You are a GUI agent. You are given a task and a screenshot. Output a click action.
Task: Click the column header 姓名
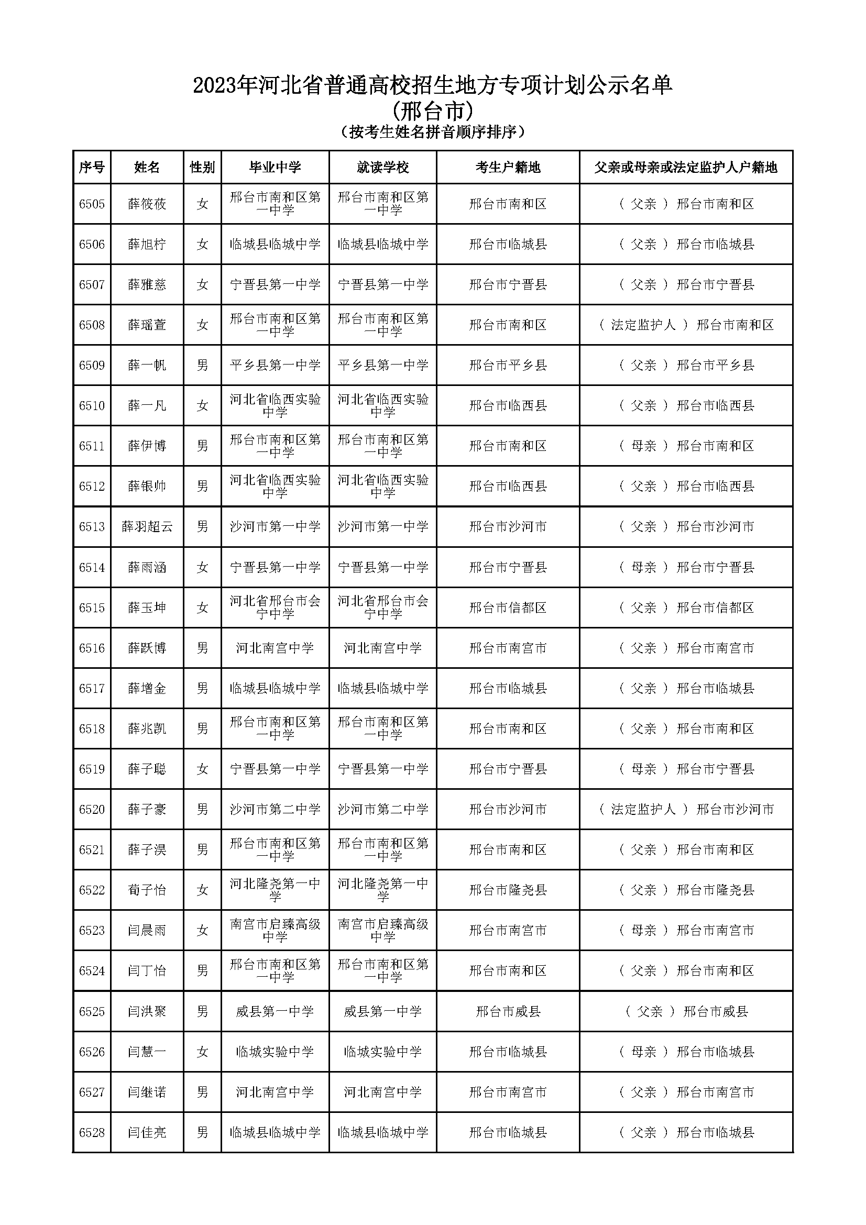pyautogui.click(x=147, y=168)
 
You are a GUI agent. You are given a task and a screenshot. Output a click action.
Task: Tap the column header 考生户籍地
pyautogui.click(x=508, y=168)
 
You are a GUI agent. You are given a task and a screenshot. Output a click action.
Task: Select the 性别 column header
pyautogui.click(x=202, y=168)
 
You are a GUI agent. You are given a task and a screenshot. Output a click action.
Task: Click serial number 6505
pyautogui.click(x=92, y=204)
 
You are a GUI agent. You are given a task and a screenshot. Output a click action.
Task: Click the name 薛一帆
pyautogui.click(x=147, y=366)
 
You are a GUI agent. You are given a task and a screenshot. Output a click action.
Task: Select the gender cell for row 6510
pyautogui.click(x=202, y=406)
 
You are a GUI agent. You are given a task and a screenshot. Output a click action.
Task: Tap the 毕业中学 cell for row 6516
pyautogui.click(x=275, y=648)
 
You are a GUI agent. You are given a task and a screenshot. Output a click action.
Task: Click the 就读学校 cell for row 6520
pyautogui.click(x=382, y=809)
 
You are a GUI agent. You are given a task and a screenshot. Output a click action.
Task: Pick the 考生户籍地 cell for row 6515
pyautogui.click(x=508, y=608)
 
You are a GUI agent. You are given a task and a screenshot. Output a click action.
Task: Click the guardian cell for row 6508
pyautogui.click(x=686, y=325)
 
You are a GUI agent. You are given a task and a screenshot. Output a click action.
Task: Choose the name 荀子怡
pyautogui.click(x=147, y=890)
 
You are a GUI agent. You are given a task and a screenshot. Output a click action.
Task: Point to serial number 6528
pyautogui.click(x=92, y=1133)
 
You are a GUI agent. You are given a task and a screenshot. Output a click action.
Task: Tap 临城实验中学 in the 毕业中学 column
pyautogui.click(x=275, y=1052)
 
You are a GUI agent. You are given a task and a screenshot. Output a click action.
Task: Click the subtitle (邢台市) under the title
pyautogui.click(x=432, y=112)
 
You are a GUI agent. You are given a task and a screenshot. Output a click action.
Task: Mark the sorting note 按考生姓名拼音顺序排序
pyautogui.click(x=432, y=132)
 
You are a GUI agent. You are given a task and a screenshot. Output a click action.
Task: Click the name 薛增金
pyautogui.click(x=147, y=689)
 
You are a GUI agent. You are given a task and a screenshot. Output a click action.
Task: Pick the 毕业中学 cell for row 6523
pyautogui.click(x=275, y=931)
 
